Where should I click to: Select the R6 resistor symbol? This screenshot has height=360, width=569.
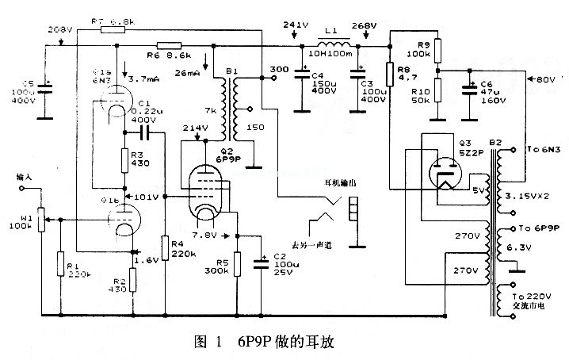169,45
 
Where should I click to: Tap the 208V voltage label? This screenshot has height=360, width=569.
61,29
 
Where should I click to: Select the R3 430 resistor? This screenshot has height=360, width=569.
124,161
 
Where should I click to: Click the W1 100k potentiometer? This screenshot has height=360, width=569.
42,215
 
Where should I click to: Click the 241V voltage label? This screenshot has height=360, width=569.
294,25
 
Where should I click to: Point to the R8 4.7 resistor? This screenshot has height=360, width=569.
389,73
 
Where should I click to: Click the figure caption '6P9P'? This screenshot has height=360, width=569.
254,343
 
